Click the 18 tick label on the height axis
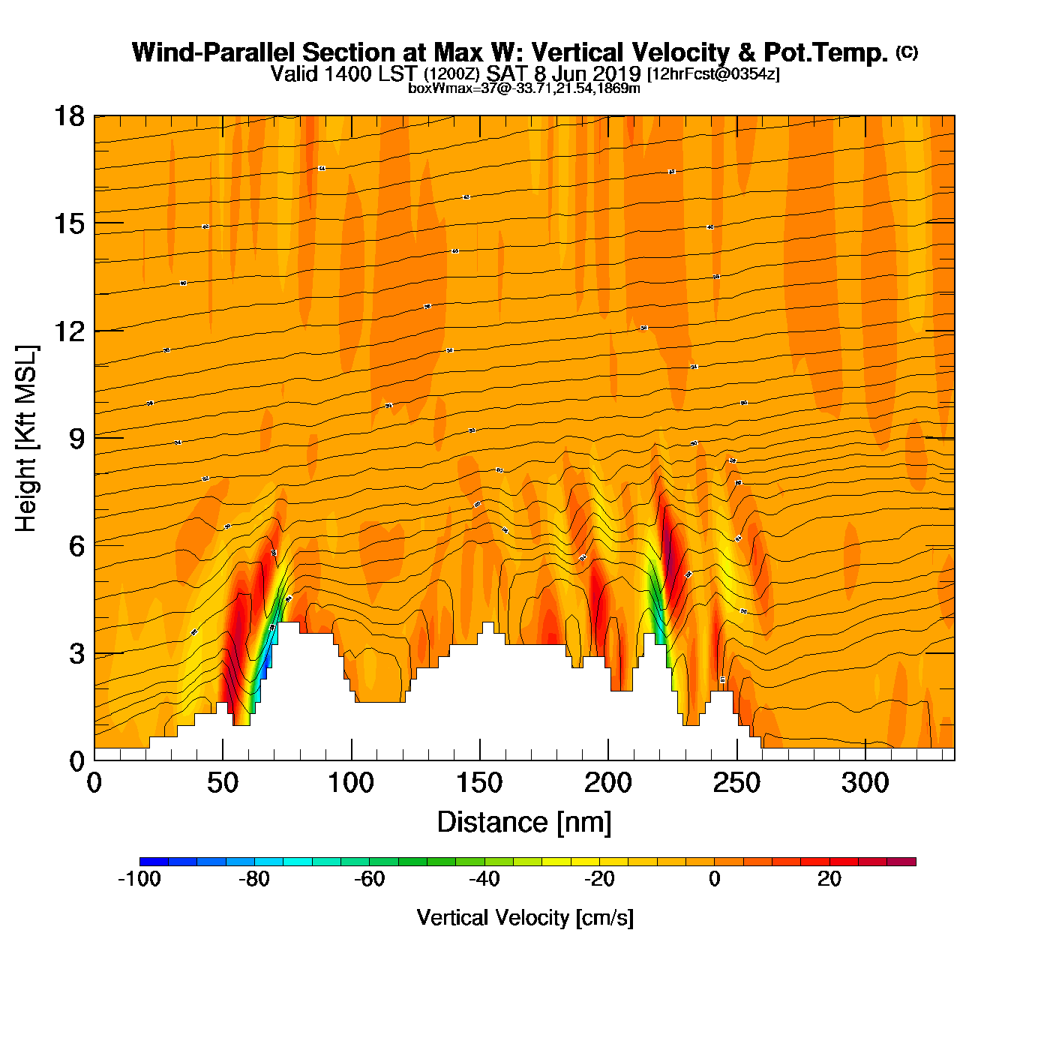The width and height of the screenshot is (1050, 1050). [x=68, y=116]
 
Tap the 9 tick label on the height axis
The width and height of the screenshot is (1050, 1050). [x=76, y=439]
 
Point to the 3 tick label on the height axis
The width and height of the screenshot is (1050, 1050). [x=76, y=654]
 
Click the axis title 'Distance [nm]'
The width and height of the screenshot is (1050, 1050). [x=524, y=822]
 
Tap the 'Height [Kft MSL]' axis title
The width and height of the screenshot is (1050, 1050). [x=26, y=439]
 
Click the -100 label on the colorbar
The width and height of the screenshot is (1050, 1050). [x=139, y=879]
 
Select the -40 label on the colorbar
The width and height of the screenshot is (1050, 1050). [x=484, y=879]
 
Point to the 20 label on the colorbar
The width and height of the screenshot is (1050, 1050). [x=829, y=879]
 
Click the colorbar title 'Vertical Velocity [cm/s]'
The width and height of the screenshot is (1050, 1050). [x=525, y=917]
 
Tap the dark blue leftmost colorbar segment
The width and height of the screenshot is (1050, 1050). [x=154, y=862]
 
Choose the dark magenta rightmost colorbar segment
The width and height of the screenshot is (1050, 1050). [x=901, y=862]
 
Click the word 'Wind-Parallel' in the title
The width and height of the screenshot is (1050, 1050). [x=214, y=52]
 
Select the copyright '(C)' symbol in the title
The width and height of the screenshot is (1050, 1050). [x=906, y=51]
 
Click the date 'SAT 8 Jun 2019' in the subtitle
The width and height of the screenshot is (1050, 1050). [x=563, y=73]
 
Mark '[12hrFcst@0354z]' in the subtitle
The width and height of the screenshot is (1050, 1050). [x=713, y=74]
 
